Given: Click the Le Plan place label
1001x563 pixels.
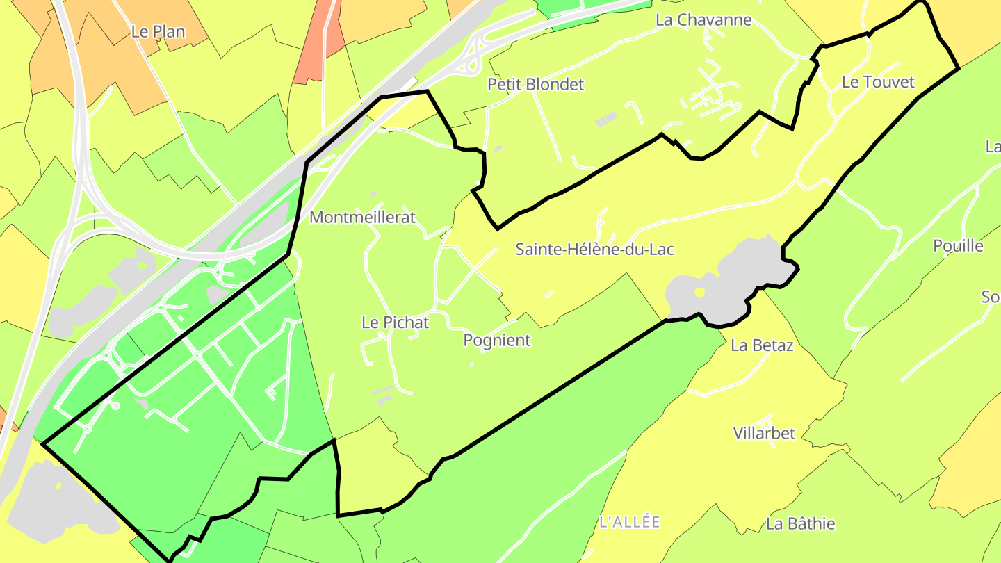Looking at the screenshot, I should tap(158, 32).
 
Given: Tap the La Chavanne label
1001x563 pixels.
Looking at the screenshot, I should tap(703, 20).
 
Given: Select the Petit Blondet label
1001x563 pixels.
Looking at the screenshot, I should tap(536, 85).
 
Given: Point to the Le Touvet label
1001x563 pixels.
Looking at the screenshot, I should tap(878, 82).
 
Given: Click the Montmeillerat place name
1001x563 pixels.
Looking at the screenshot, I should tap(362, 218).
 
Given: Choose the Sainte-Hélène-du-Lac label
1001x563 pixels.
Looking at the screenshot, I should tap(594, 250).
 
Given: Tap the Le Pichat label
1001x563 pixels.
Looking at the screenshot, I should tap(396, 323).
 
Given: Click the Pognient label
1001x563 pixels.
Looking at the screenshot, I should tap(497, 341).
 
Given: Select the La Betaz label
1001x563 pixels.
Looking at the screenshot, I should tap(762, 345).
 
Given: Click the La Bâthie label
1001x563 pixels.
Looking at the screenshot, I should tap(800, 524).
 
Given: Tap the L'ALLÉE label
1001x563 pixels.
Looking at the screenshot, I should tap(629, 522).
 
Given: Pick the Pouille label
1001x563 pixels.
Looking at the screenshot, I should tap(958, 246).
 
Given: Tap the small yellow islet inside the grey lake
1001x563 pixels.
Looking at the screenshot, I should tap(699, 293).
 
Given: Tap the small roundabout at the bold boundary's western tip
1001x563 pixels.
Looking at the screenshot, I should tap(88, 429).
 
